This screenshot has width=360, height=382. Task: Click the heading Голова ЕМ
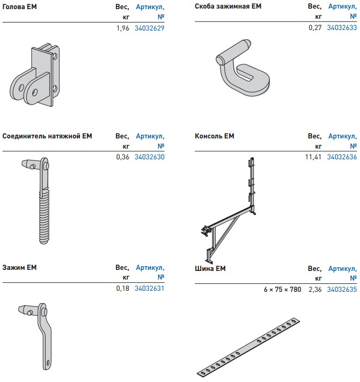(19, 6)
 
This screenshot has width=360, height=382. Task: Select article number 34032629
(150, 28)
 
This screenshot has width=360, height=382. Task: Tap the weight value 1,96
(123, 28)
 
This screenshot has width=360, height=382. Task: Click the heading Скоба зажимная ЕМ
(228, 6)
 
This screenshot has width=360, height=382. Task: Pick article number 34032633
(342, 27)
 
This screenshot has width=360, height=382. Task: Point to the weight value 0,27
(315, 27)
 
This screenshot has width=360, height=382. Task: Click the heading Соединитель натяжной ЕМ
(47, 136)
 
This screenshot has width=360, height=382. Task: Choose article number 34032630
(150, 157)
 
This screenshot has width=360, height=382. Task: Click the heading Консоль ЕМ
(215, 136)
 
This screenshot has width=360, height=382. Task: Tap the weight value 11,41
(313, 157)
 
